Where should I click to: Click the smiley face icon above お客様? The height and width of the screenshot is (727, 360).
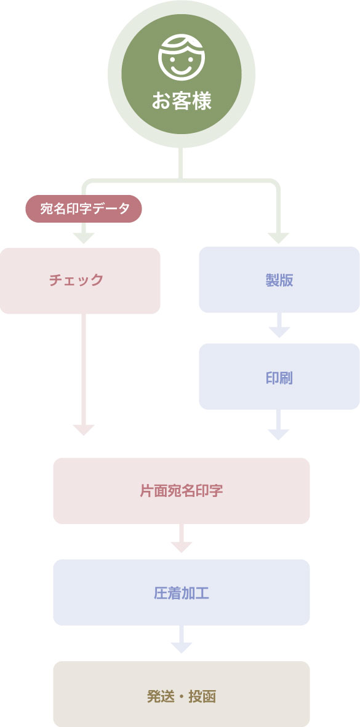[181, 57]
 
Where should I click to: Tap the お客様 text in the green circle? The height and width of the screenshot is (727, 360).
[182, 101]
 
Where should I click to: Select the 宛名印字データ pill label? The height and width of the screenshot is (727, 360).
[84, 209]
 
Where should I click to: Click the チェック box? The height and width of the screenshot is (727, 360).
[80, 280]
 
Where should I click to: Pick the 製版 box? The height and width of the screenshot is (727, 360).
[279, 280]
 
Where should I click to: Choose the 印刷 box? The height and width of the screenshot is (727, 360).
[279, 376]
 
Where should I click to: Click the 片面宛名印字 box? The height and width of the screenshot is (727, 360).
[182, 491]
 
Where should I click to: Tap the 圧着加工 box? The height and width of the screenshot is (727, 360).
[182, 592]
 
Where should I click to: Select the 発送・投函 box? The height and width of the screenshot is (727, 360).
[182, 694]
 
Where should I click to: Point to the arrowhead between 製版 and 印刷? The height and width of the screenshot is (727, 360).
[279, 332]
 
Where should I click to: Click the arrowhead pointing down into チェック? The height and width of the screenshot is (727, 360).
[84, 238]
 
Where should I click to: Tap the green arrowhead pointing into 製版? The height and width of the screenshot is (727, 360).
[278, 238]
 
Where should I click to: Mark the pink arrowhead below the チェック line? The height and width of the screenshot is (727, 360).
[84, 430]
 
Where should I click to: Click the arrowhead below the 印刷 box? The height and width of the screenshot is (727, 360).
[278, 434]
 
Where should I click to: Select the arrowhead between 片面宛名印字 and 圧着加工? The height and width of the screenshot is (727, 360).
[182, 547]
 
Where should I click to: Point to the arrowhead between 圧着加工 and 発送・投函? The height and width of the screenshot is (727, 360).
[182, 648]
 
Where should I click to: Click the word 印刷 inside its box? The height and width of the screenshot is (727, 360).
[279, 378]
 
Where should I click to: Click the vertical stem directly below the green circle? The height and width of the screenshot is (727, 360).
[181, 163]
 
